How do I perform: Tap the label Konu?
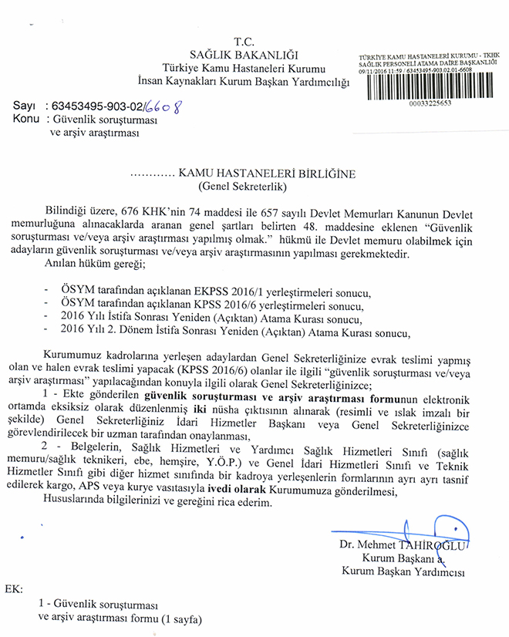(27, 120)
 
